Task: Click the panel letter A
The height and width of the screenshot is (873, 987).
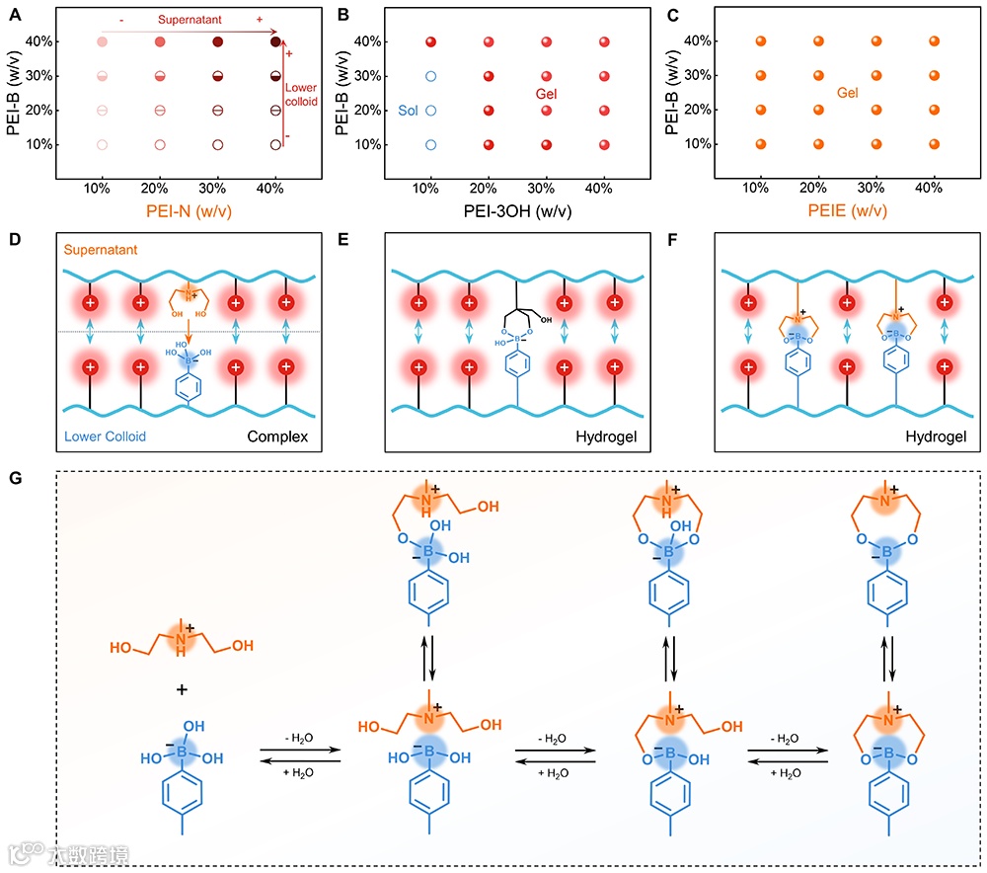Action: tap(14, 15)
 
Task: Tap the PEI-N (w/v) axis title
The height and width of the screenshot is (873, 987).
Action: tap(189, 209)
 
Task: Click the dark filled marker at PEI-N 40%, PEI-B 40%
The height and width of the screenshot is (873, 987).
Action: tap(276, 41)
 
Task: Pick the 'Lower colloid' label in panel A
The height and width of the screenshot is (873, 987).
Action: tap(300, 95)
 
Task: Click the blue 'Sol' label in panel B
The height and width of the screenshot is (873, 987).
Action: tap(409, 111)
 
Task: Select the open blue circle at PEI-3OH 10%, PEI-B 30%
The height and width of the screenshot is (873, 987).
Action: tap(430, 76)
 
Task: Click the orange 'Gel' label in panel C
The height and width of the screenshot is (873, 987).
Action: tap(847, 93)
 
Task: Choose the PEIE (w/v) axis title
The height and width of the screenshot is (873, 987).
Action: tap(847, 209)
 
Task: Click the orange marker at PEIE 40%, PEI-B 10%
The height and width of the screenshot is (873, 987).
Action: tap(934, 144)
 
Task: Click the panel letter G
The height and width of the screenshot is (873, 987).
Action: tap(15, 477)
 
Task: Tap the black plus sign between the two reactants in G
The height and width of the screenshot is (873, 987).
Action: tap(182, 688)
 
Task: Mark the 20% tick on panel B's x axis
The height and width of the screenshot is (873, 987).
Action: tap(488, 188)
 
